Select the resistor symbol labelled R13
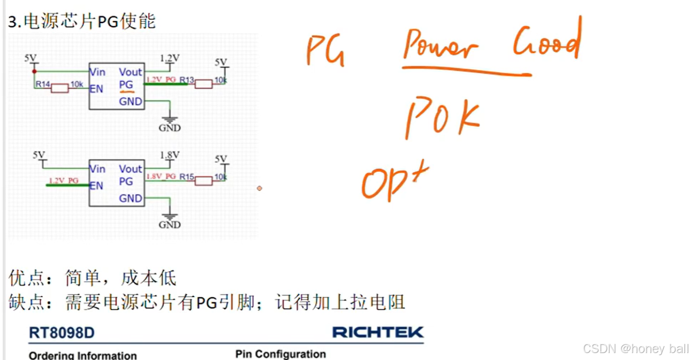point(203,83)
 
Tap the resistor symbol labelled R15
point(203,180)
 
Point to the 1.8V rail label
point(170,155)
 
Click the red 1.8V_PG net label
point(161,176)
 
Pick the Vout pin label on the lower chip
point(131,168)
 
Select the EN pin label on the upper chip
point(96,89)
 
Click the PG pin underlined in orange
point(126,85)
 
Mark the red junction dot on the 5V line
point(34,71)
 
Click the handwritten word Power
point(440,47)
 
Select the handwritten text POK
point(442,118)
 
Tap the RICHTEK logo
point(377,332)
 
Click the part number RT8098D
point(62,333)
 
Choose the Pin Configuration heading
point(280,354)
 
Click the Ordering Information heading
point(83,355)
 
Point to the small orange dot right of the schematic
point(260,188)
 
